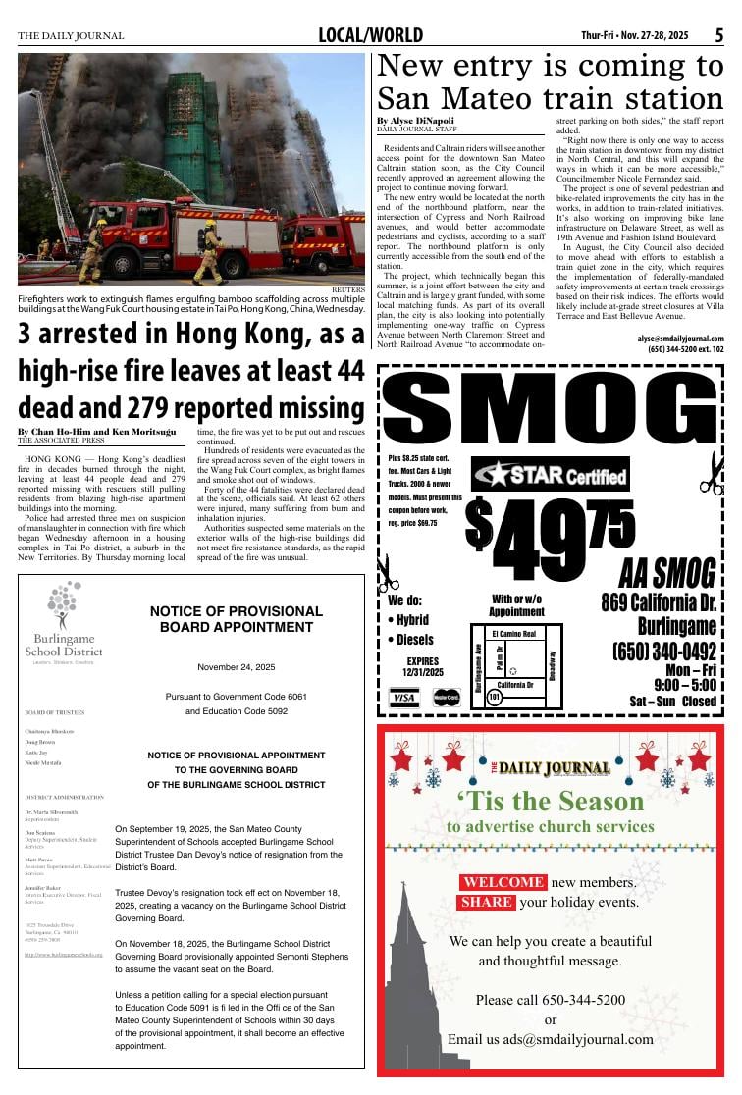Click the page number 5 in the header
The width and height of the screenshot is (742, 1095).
[718, 35]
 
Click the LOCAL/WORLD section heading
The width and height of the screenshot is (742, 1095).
[370, 36]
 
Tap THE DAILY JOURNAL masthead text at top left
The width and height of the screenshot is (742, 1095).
[71, 36]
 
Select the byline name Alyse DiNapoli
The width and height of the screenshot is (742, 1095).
[416, 121]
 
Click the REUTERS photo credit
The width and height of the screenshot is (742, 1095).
[347, 290]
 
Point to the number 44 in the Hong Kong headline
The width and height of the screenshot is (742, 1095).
[346, 370]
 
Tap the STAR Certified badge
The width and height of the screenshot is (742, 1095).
[551, 476]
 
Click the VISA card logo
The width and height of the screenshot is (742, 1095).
[403, 698]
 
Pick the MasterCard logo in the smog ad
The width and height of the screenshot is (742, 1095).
[447, 698]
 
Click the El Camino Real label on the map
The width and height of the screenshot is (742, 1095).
[513, 634]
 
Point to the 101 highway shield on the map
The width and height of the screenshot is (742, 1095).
[495, 697]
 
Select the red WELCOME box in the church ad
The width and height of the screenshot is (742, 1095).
[503, 882]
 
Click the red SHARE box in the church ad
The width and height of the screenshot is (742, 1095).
[487, 902]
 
